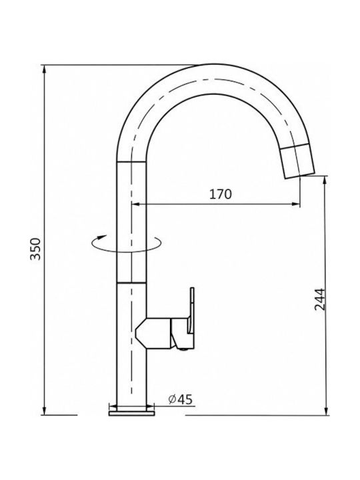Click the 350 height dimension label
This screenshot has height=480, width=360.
(x=35, y=249)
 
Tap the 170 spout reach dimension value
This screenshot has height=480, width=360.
(x=221, y=194)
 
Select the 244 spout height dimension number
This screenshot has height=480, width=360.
(x=320, y=299)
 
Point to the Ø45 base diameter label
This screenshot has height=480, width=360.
(x=181, y=399)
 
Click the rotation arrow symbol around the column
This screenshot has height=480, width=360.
(x=126, y=244)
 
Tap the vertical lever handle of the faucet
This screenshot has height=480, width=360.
(x=191, y=310)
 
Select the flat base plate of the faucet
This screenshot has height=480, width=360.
(x=131, y=413)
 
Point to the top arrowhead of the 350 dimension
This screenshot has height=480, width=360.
(x=45, y=69)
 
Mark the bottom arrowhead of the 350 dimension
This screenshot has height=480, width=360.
(x=45, y=411)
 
